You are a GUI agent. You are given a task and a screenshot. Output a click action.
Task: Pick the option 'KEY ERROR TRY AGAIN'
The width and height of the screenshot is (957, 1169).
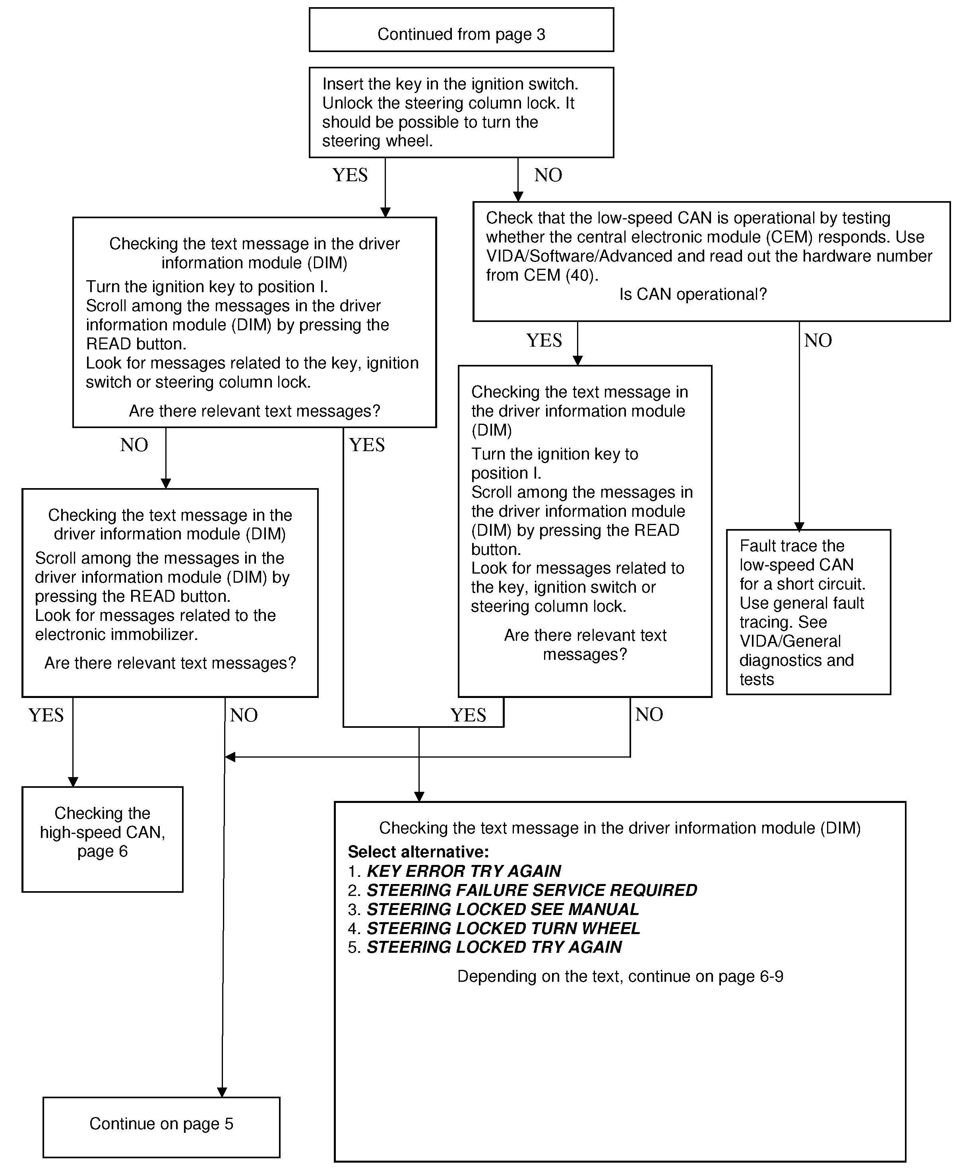[464, 870]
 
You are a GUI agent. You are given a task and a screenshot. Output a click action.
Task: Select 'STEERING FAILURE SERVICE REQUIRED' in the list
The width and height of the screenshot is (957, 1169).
[531, 890]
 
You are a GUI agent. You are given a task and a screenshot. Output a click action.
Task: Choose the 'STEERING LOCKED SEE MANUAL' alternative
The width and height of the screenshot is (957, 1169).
[502, 909]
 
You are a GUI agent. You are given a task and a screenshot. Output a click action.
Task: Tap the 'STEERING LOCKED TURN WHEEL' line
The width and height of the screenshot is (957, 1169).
[503, 928]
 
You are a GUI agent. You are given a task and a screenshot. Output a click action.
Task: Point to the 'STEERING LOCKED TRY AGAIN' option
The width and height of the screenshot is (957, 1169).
[494, 947]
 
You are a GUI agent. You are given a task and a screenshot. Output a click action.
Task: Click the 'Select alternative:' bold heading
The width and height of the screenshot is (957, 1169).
[418, 851]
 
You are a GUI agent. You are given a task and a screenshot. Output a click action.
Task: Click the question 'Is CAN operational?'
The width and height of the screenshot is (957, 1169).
[693, 294]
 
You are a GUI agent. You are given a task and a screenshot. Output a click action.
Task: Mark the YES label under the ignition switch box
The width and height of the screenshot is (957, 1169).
[349, 175]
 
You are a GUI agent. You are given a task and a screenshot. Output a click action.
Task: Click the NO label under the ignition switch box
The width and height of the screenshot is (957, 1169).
[548, 175]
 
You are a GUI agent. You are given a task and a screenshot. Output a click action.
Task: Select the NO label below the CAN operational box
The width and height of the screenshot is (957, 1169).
[818, 340]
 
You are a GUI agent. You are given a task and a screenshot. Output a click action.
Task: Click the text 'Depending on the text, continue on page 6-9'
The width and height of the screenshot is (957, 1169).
[620, 976]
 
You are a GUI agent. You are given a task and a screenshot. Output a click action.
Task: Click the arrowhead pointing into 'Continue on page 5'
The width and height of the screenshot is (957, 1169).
[222, 1092]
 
